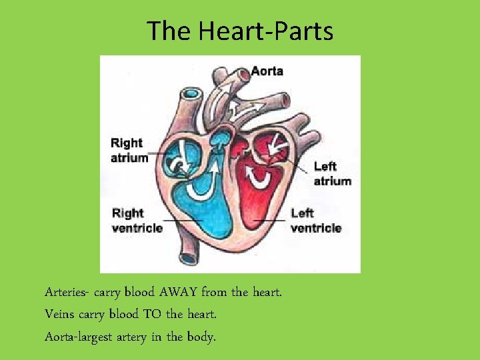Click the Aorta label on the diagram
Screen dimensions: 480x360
pos(267,71)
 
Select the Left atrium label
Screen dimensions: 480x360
pos(332,173)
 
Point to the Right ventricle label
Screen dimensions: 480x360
pos(137,220)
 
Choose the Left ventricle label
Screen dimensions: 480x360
pos(315,220)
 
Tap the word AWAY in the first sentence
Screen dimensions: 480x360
pos(176,292)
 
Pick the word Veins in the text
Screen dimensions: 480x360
pos(59,313)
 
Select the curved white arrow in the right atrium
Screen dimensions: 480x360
pos(179,165)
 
